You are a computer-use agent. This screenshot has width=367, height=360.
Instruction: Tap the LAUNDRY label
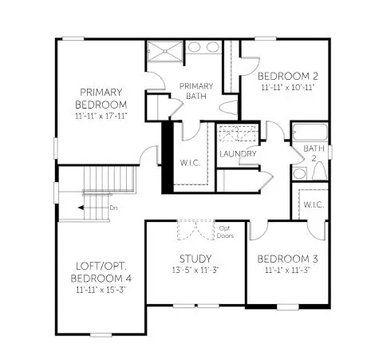click(238, 154)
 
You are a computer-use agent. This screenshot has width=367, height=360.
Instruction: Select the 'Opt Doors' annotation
click(226, 232)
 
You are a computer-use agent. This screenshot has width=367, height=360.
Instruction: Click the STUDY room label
click(195, 259)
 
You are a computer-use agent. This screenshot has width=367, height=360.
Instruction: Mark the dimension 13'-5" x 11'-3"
click(195, 271)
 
